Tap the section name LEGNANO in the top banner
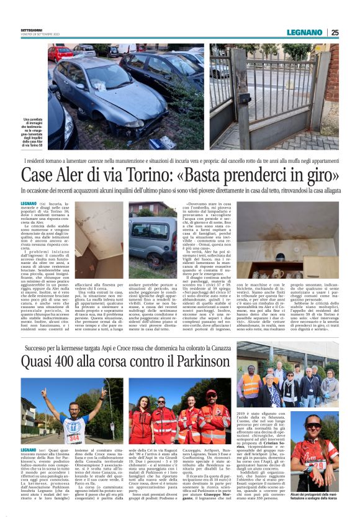coord(304,32)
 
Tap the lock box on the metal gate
coord(244,98)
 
